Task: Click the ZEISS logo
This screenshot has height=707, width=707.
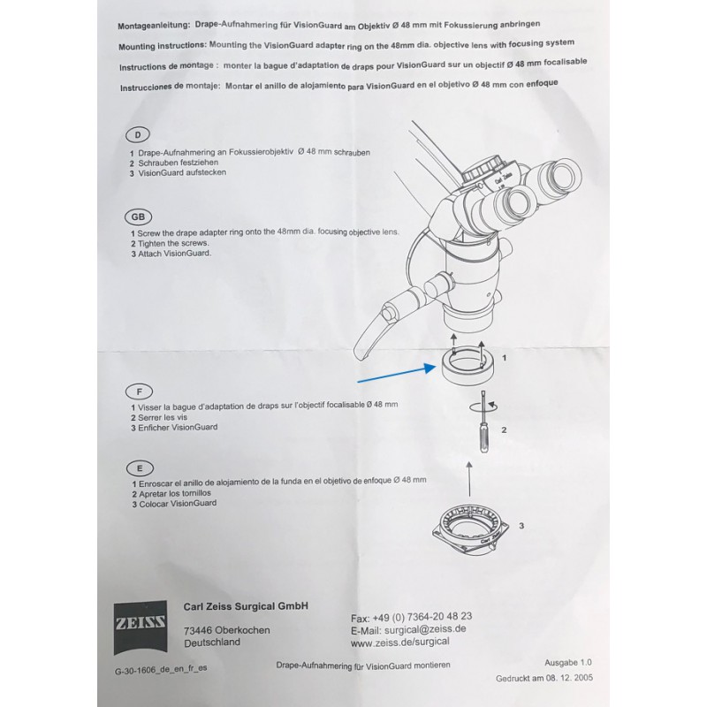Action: [x=139, y=622]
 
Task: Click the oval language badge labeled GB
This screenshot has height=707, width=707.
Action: [x=138, y=217]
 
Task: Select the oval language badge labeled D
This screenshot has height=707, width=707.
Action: [x=138, y=135]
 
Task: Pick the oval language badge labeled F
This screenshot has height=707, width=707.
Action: [x=139, y=390]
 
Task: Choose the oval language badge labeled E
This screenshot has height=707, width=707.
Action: [x=139, y=467]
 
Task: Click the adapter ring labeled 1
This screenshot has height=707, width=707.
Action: [x=465, y=366]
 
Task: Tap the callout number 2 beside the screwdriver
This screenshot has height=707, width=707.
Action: [x=504, y=430]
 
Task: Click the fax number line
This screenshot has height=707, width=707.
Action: [x=411, y=615]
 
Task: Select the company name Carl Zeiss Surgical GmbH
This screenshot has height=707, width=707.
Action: [x=245, y=606]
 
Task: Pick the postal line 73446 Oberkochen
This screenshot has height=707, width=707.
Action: [x=227, y=630]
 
